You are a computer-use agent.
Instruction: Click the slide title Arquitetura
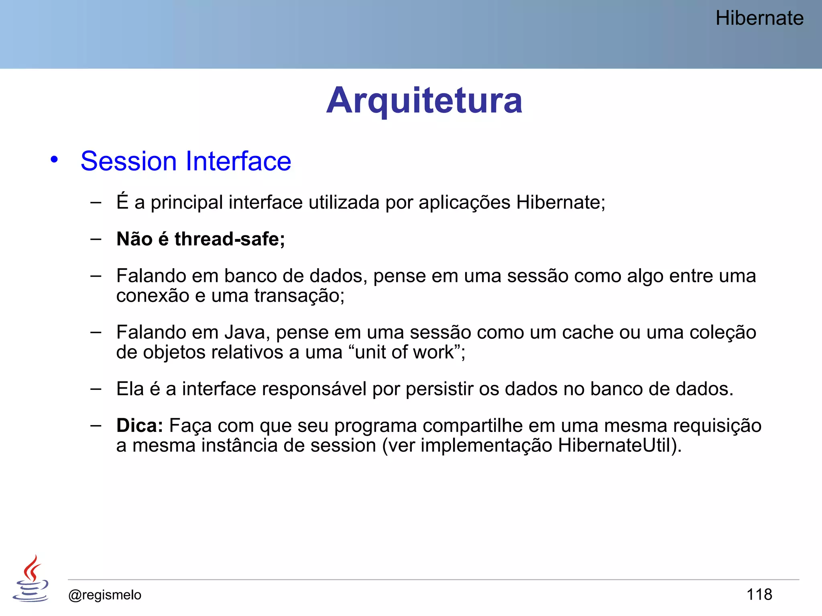click(x=424, y=100)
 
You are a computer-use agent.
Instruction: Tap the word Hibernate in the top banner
click(x=759, y=18)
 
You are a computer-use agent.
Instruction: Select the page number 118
click(x=759, y=594)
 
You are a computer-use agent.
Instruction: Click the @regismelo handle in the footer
click(x=105, y=595)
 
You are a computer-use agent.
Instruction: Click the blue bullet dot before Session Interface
click(x=54, y=160)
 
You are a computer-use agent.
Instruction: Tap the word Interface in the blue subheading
click(x=238, y=161)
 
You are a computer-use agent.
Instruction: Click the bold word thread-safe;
click(x=230, y=239)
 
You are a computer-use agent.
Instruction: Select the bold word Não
click(x=134, y=239)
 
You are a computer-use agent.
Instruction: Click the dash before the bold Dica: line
click(x=96, y=425)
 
